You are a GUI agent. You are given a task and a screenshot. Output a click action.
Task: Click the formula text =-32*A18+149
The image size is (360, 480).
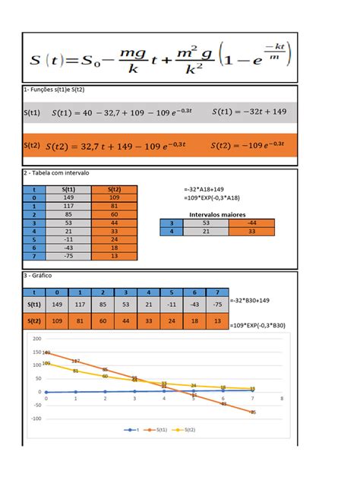203,188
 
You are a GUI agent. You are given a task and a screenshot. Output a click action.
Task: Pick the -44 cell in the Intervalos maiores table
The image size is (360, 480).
251,223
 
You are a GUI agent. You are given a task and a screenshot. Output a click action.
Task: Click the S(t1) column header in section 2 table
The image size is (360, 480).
67,190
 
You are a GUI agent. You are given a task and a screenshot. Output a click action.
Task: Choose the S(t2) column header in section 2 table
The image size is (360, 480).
114,190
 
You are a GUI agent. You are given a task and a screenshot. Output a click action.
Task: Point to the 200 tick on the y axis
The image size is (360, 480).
37,338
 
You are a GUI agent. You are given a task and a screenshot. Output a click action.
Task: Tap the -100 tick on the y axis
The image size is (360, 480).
36,418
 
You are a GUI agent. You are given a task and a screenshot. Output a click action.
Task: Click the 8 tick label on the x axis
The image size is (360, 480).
281,397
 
